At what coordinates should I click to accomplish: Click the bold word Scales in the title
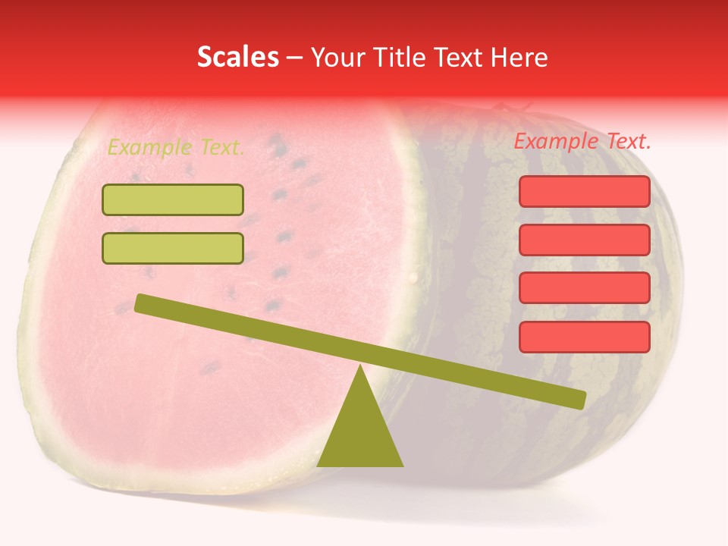[x=237, y=57]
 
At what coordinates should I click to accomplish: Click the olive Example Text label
[x=175, y=147]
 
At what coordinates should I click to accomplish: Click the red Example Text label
[x=582, y=141]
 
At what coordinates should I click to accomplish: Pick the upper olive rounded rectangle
[x=173, y=199]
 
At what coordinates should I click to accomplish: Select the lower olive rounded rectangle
[x=173, y=248]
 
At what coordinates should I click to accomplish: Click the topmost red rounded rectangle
[x=584, y=191]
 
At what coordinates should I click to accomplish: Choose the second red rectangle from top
[x=584, y=240]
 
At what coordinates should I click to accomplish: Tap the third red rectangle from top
[x=584, y=288]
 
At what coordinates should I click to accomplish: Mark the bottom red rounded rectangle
[x=584, y=337]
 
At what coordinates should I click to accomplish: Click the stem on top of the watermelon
[x=502, y=108]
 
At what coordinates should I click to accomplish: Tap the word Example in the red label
[x=556, y=141]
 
